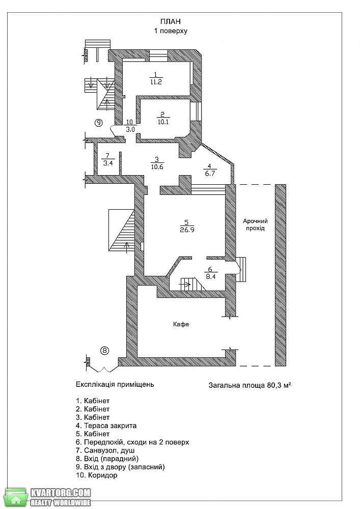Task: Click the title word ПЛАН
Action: (x=171, y=21)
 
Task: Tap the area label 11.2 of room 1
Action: (x=156, y=82)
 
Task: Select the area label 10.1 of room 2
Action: (x=163, y=122)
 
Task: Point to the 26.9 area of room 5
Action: (x=187, y=230)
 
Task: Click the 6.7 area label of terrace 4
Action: (x=210, y=174)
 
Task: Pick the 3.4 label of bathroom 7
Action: (x=108, y=163)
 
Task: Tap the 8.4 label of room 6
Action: (x=211, y=277)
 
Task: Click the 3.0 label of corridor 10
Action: (x=129, y=129)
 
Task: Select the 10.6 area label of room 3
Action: (x=157, y=167)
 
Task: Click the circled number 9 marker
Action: (x=98, y=123)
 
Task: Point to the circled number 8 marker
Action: (x=104, y=351)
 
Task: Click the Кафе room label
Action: (x=181, y=324)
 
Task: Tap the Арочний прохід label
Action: (x=255, y=224)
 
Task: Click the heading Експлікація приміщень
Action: (x=115, y=385)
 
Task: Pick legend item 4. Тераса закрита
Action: (x=106, y=426)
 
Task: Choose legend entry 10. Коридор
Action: (x=96, y=475)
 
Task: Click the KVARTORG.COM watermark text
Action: (x=61, y=492)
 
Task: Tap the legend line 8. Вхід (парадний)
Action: (x=107, y=459)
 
